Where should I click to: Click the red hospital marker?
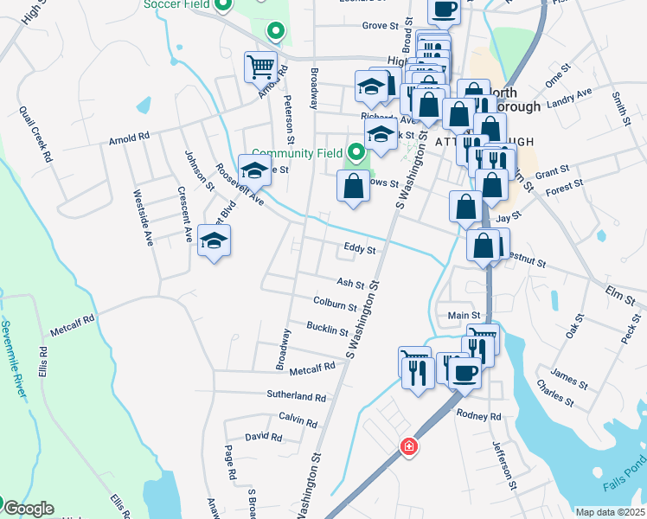tap(408, 447)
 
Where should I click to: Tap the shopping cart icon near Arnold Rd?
tap(260, 66)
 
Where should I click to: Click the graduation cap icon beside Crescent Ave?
tap(215, 241)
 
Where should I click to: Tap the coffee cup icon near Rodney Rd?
tap(464, 372)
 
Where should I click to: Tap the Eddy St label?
tap(359, 249)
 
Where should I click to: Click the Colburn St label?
tap(336, 304)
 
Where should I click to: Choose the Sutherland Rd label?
tap(296, 396)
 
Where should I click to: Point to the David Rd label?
tap(263, 438)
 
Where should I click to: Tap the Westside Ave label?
tap(143, 217)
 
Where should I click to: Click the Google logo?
tap(29, 509)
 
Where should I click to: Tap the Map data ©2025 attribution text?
tap(609, 512)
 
